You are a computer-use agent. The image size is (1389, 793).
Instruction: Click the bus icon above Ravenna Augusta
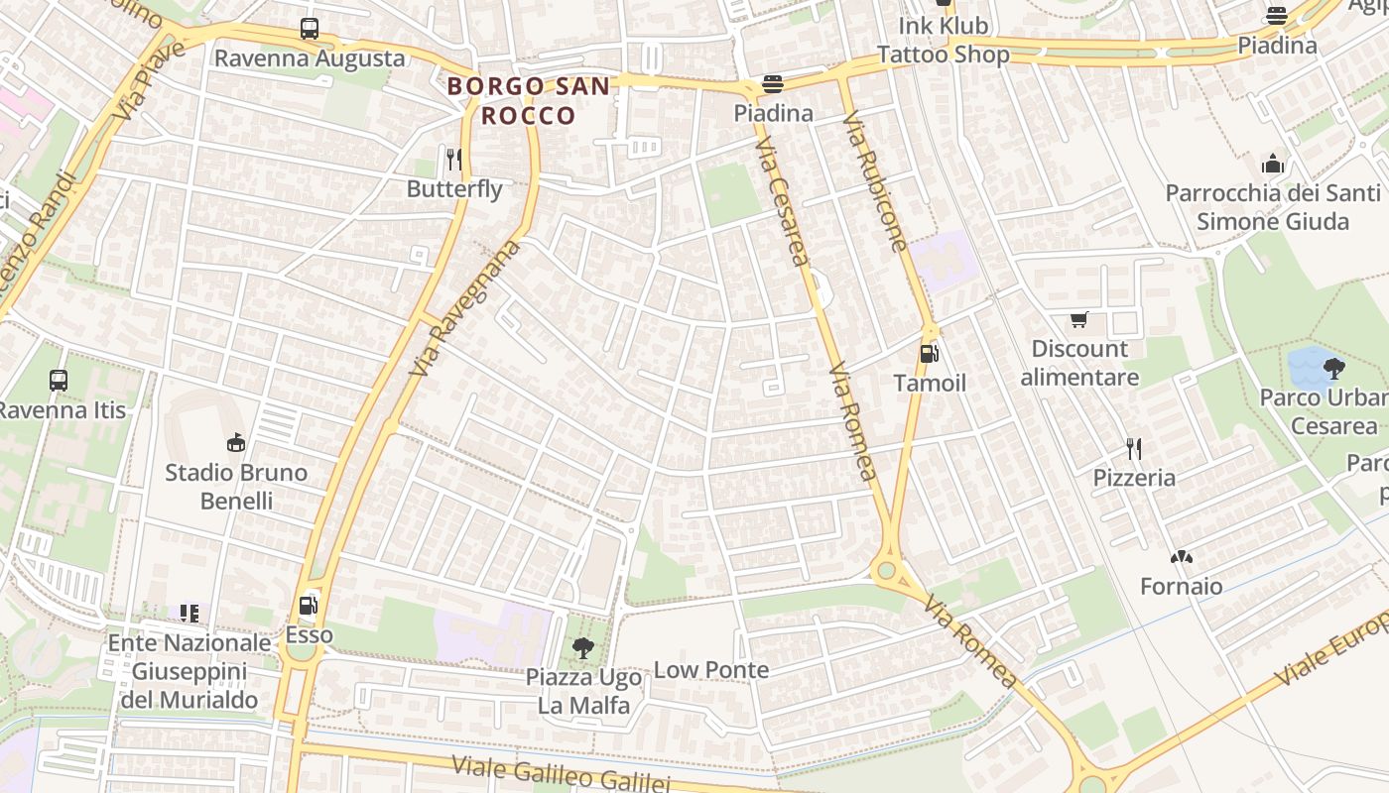(x=310, y=29)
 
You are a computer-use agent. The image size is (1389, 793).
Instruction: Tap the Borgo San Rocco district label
(x=529, y=100)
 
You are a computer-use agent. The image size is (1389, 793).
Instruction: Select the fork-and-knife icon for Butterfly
(x=454, y=159)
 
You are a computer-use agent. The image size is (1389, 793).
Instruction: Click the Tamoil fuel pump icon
(x=929, y=353)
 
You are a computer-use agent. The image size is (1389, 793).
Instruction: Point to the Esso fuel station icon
(x=309, y=605)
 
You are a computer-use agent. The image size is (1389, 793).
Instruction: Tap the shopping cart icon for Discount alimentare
(x=1079, y=319)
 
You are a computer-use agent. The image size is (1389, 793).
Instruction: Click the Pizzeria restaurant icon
(x=1134, y=449)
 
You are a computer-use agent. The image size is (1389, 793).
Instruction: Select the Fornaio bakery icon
(x=1181, y=558)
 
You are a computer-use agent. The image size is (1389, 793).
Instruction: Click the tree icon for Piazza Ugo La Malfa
(x=583, y=649)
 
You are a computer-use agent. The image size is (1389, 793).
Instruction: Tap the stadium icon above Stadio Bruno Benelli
(x=236, y=442)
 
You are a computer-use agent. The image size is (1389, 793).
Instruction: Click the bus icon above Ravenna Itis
(x=59, y=380)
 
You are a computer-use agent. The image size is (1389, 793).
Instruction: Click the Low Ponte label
(x=710, y=670)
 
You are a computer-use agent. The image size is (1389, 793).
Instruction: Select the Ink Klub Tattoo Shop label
(x=943, y=40)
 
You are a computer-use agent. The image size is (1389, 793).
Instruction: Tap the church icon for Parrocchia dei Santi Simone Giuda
(x=1273, y=164)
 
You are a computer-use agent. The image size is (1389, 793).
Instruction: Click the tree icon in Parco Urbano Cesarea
(x=1333, y=369)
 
